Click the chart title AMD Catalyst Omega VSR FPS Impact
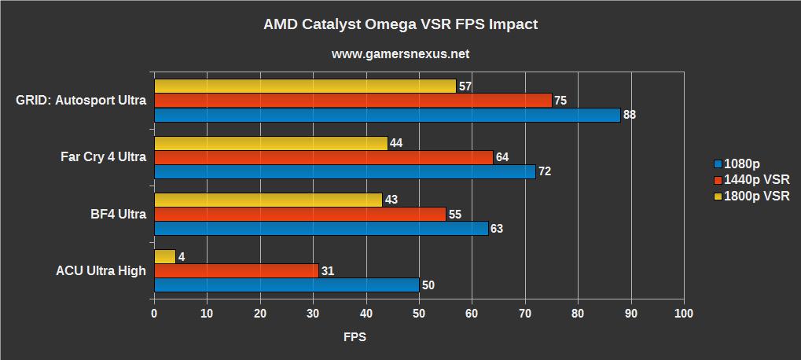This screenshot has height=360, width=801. [400, 24]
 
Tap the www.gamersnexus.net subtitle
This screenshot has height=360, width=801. [400, 54]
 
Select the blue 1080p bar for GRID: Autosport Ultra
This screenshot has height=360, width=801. [387, 115]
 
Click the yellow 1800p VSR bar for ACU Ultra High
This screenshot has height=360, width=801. [165, 256]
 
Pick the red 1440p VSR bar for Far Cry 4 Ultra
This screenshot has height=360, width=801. [323, 157]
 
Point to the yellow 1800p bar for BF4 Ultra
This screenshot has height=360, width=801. [268, 200]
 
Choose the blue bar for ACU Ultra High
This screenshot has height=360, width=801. [286, 285]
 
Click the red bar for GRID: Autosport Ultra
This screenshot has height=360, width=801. [352, 100]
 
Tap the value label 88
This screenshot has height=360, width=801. [629, 115]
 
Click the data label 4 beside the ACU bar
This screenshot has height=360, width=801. [182, 256]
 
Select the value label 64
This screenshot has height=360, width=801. [502, 157]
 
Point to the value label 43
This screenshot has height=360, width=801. [391, 200]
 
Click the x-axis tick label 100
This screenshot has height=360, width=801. [684, 313]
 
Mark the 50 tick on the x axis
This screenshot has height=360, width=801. [419, 313]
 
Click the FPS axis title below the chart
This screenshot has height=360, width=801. [355, 337]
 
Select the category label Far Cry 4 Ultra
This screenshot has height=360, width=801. [103, 156]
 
